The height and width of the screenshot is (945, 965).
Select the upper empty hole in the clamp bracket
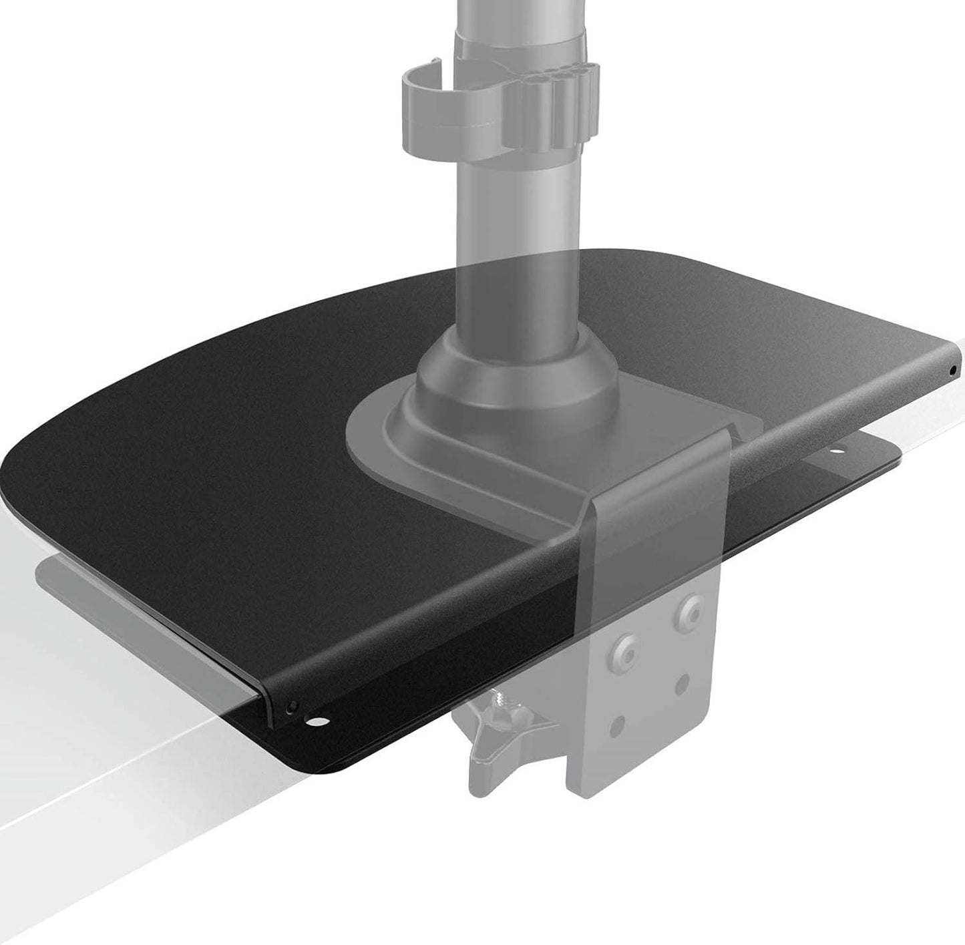click(x=682, y=682)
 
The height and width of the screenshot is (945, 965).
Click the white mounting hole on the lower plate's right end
click(x=834, y=453)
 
